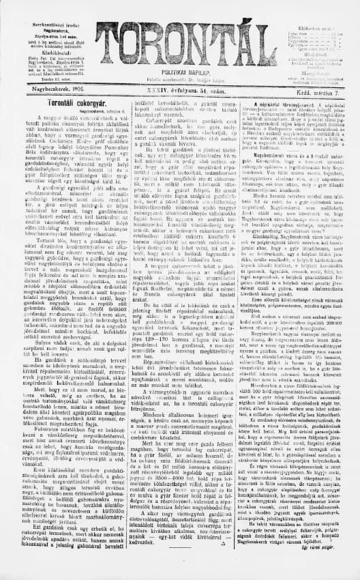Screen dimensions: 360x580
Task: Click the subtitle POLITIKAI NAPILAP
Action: click(x=181, y=70)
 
